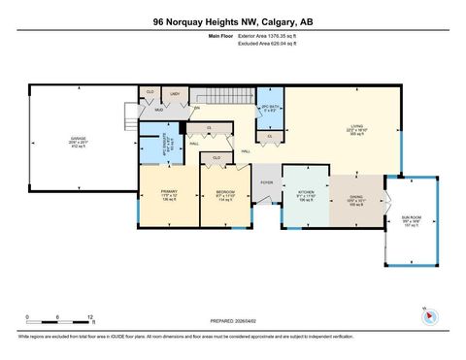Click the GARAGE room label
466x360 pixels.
[77, 139]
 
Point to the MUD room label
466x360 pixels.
[156, 110]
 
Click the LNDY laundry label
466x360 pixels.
[176, 93]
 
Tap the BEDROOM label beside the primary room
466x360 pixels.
[224, 193]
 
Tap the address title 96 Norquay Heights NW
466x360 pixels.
[233, 20]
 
